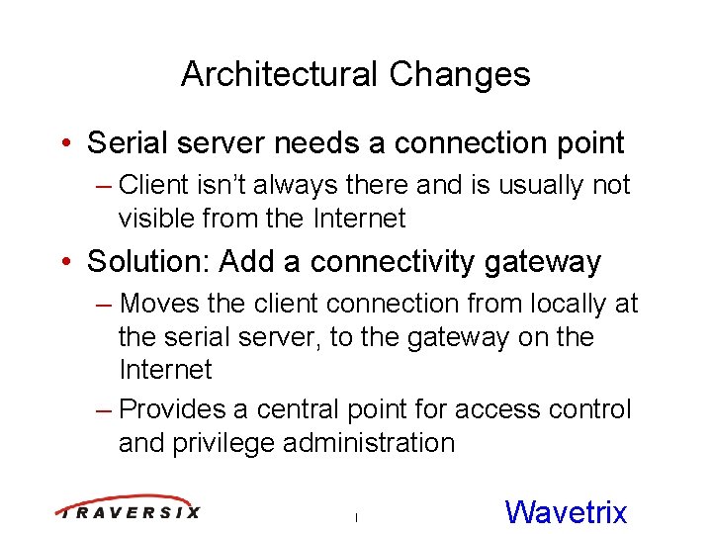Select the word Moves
click(x=159, y=304)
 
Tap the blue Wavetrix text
click(x=566, y=511)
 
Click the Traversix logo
click(x=128, y=508)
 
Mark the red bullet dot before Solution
click(x=64, y=262)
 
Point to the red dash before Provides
click(x=104, y=409)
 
